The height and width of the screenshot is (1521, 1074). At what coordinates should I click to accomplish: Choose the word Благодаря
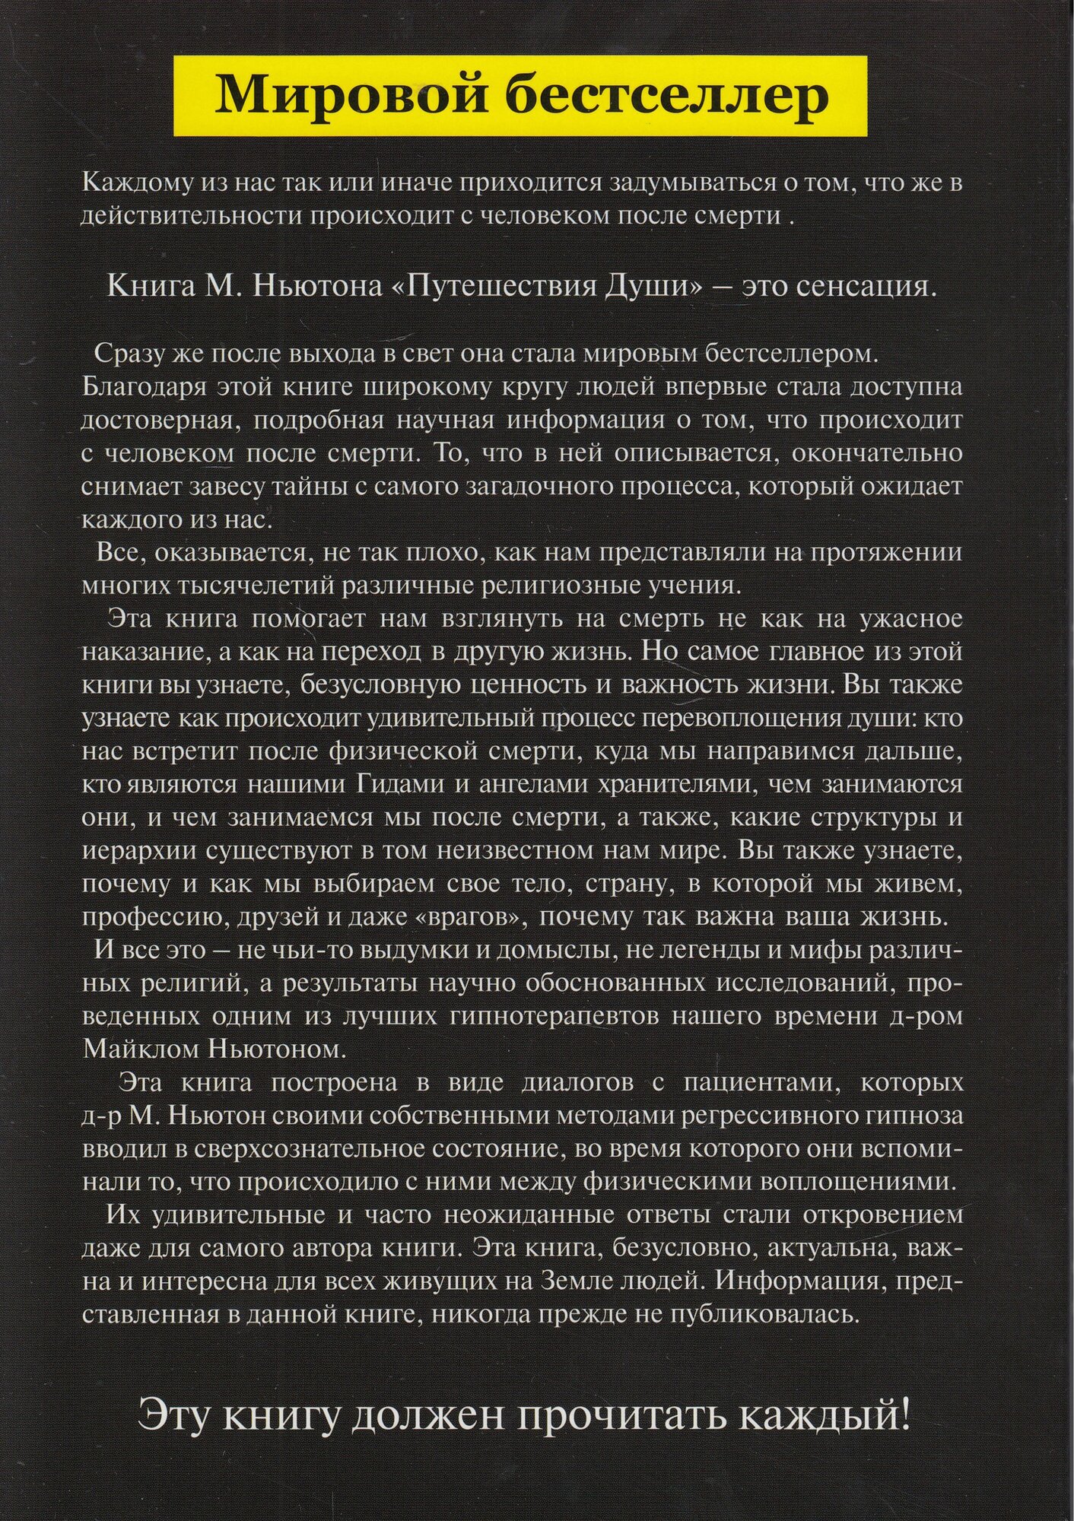145,387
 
